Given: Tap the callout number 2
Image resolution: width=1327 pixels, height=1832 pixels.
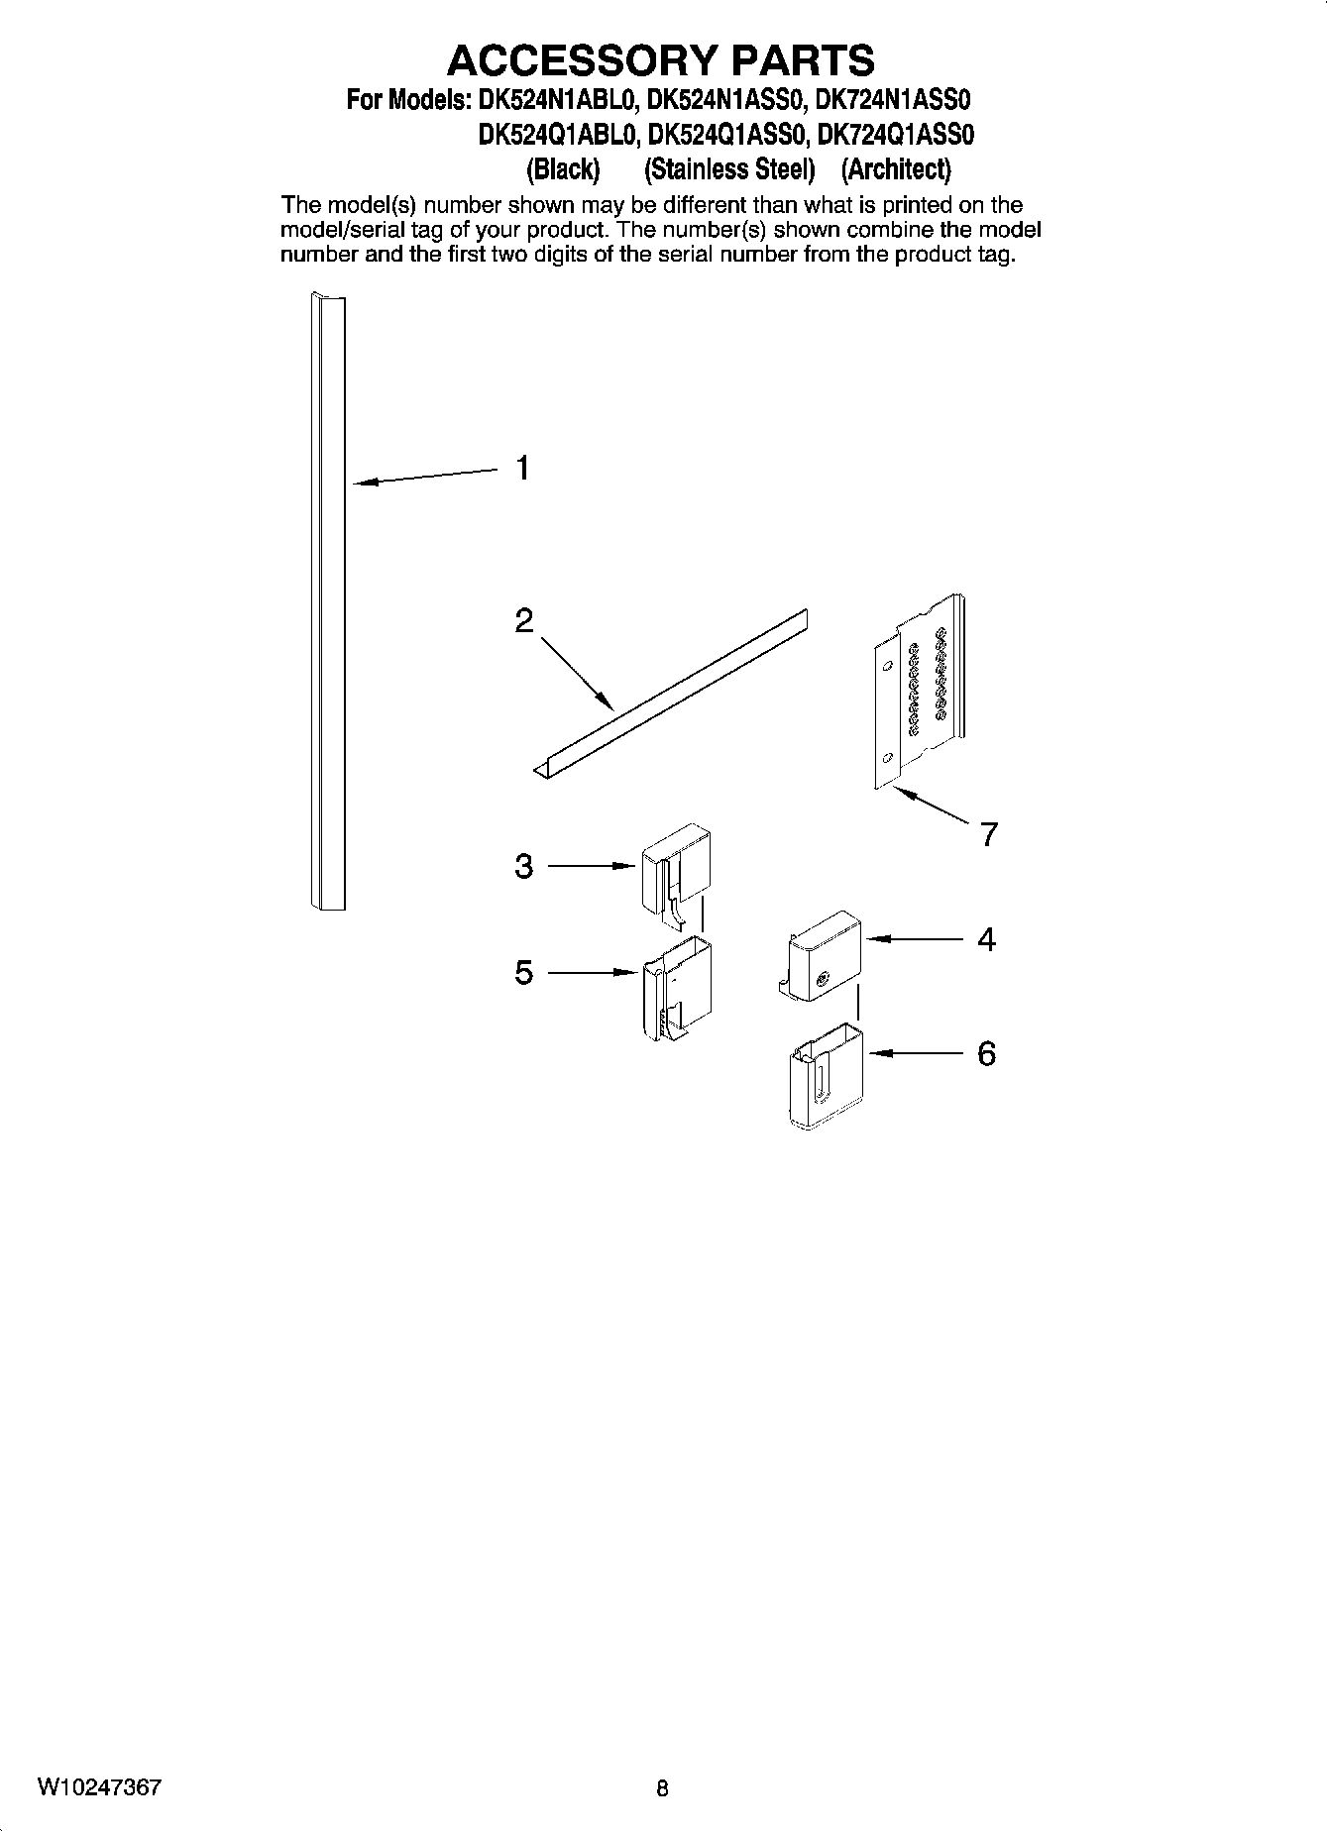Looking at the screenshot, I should tap(524, 621).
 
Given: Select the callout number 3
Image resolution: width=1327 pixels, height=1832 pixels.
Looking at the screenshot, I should tap(524, 867).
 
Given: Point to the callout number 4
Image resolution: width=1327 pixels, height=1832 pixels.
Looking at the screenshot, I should tap(986, 939).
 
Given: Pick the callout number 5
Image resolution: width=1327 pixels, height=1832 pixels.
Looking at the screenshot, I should tap(524, 973).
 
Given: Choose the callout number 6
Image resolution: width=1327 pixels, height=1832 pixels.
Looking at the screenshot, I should tap(986, 1053).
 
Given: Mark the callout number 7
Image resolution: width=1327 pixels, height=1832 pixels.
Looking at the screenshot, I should tap(988, 834).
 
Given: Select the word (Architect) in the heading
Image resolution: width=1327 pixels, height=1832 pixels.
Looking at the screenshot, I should tap(895, 170).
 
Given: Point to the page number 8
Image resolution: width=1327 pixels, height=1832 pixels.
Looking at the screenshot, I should tap(662, 1788).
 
